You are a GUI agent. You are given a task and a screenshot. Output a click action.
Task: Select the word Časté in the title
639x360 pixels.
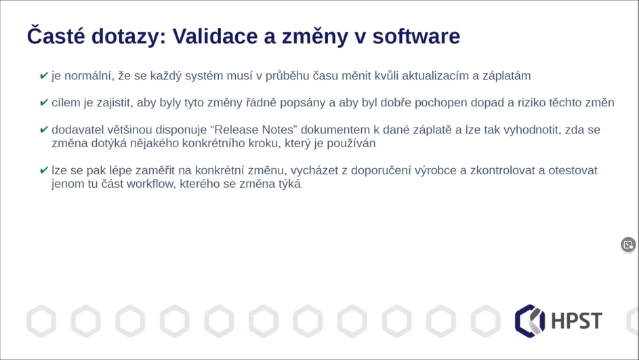(55, 36)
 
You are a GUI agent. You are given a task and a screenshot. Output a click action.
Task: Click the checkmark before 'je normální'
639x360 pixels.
(44, 76)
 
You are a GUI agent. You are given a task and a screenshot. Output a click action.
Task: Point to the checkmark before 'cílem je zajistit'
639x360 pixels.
(44, 103)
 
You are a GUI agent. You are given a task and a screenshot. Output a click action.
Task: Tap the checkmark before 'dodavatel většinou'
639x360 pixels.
(44, 130)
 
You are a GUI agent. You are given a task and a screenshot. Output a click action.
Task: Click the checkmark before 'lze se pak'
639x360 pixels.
(44, 171)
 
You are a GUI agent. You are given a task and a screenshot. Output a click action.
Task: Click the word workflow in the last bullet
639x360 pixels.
(150, 184)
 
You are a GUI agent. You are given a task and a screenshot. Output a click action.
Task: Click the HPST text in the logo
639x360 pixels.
(576, 321)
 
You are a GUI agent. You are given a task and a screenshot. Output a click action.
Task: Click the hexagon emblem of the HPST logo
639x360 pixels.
(530, 321)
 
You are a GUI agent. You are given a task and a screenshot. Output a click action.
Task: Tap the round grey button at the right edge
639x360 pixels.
(628, 245)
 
